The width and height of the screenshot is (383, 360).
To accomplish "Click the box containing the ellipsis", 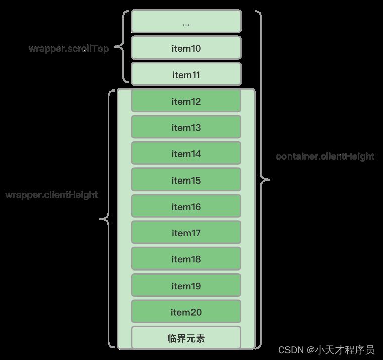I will (186, 22).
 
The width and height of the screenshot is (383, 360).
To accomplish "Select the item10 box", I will (186, 48).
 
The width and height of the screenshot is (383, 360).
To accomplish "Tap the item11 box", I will (186, 75).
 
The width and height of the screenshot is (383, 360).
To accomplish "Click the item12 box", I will (186, 101).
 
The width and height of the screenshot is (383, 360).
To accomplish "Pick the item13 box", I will (186, 127).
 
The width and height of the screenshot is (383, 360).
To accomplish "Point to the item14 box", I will (186, 154).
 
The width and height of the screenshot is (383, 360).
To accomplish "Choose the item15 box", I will (186, 180).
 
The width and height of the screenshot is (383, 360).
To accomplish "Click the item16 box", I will (186, 207).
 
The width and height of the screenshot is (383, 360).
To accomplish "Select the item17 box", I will (186, 233).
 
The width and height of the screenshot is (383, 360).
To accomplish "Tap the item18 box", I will (186, 259).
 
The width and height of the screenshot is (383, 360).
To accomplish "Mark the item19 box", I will (186, 286).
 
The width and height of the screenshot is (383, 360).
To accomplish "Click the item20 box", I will (186, 312).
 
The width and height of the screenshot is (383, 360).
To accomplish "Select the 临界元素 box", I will (186, 338).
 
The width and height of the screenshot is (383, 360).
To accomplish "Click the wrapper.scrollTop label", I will (68, 48).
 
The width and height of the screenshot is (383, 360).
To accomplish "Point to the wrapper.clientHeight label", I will (51, 195).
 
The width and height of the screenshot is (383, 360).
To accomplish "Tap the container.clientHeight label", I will (325, 156).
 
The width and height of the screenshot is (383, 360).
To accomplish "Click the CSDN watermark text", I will (326, 349).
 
